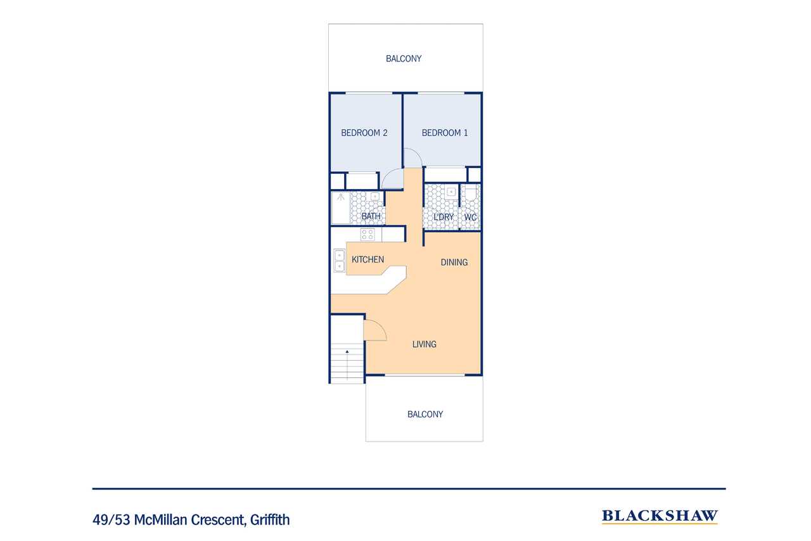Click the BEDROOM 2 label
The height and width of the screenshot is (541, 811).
(x=364, y=133)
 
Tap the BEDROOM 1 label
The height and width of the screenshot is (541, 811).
(x=445, y=133)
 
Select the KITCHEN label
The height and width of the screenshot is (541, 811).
(x=368, y=259)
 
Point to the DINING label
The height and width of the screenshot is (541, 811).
(x=454, y=263)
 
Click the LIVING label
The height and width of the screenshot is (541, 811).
(x=425, y=344)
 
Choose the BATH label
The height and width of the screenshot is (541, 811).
(x=371, y=216)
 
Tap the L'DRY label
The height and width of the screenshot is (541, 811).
(x=444, y=217)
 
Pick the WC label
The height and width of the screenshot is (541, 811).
(x=470, y=218)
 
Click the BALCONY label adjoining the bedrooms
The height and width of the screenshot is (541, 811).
(x=404, y=59)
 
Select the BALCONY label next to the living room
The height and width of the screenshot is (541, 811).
(x=425, y=414)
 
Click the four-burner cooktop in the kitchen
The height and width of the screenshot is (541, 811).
(x=367, y=235)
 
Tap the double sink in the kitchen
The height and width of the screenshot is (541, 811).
(x=339, y=261)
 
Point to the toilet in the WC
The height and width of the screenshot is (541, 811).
(x=470, y=195)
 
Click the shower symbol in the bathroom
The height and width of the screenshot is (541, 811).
(x=341, y=197)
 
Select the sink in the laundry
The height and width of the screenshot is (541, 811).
(x=451, y=192)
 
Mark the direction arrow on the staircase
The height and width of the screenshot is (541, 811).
(x=347, y=364)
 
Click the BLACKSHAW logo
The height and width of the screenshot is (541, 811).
(x=660, y=516)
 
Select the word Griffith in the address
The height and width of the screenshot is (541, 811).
(x=270, y=520)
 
